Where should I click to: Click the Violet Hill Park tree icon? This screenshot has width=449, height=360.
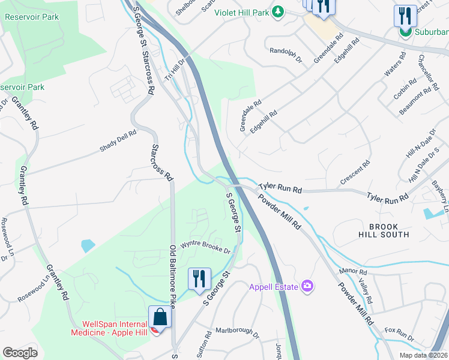278,11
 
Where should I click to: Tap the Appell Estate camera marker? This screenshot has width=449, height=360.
308,286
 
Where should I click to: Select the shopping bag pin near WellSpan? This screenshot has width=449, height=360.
160,316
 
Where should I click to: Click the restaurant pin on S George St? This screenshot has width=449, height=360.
199,278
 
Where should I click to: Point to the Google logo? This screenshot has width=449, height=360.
20,353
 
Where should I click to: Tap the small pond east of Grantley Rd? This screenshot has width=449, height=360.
87,245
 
